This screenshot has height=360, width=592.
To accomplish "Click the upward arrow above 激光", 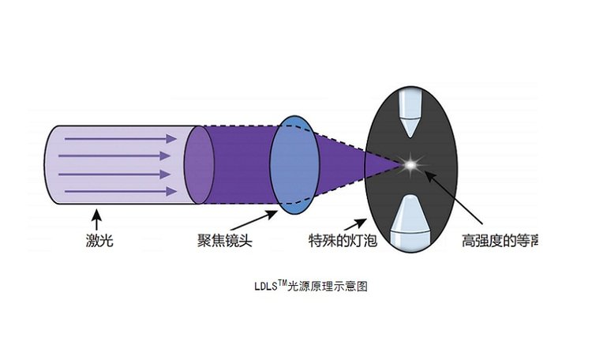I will coord(97,218).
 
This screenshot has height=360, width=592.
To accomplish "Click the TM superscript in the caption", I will coord(281,283).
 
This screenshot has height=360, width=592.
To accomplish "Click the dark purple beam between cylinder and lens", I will coord(241,165).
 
